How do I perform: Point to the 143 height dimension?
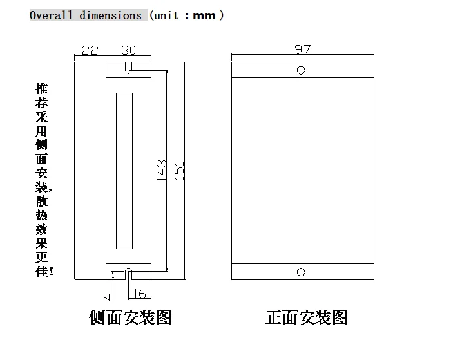pos(162,171)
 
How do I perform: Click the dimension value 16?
pos(140,294)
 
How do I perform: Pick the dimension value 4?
pos(108,296)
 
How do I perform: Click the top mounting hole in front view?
pos(301,70)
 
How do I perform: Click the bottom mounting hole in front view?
pos(301,272)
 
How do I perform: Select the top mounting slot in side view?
pos(128,67)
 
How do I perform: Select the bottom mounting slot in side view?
pos(128,274)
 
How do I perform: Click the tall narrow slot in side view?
pos(124,171)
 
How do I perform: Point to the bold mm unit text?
pos(204,15)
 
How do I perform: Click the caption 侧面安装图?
pos(130,317)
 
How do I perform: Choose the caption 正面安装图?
pos(307,317)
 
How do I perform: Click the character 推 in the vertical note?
pos(42,88)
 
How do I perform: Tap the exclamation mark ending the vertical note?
pos(52,272)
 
